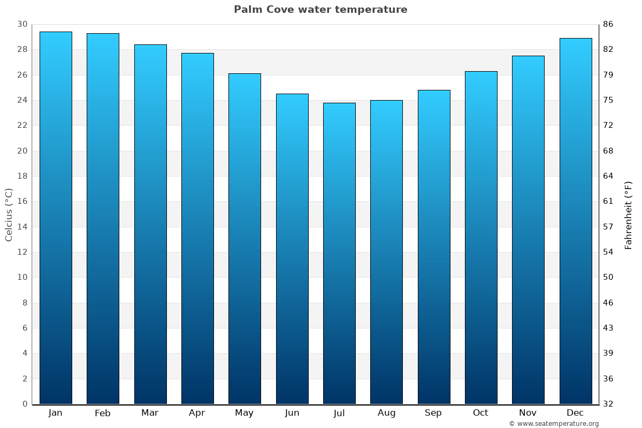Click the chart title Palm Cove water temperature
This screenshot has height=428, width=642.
pyautogui.click(x=320, y=10)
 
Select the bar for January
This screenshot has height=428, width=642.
pyautogui.click(x=56, y=218)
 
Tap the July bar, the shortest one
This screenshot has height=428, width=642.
pyautogui.click(x=339, y=253)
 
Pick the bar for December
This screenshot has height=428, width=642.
pyautogui.click(x=576, y=221)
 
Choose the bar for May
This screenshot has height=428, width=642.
pyautogui.click(x=244, y=239)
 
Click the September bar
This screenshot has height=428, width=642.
pyautogui.click(x=434, y=247)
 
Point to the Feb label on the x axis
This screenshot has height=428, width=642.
pyautogui.click(x=103, y=413)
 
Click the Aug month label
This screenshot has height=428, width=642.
pyautogui.click(x=386, y=413)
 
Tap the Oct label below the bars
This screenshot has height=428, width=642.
pyautogui.click(x=480, y=413)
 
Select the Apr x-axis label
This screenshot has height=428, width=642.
pyautogui.click(x=197, y=413)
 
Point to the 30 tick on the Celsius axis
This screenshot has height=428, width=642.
pyautogui.click(x=22, y=25)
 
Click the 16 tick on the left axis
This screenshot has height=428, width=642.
pyautogui.click(x=22, y=202)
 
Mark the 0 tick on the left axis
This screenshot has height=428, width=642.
pyautogui.click(x=25, y=404)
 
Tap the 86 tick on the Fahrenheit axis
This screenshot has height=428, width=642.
pyautogui.click(x=608, y=25)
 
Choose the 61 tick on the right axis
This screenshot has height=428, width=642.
pyautogui.click(x=608, y=202)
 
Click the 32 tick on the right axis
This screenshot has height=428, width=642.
pyautogui.click(x=608, y=404)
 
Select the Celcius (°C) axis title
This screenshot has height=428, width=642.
pyautogui.click(x=9, y=215)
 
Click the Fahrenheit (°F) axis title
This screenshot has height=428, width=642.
pyautogui.click(x=629, y=215)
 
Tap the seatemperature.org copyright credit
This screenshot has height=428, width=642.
pyautogui.click(x=554, y=424)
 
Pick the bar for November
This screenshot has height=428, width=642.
pyautogui.click(x=528, y=230)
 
